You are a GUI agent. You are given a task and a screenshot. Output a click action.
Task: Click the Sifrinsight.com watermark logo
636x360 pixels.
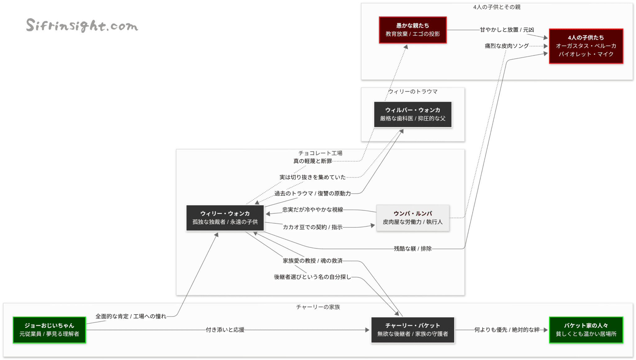[x=82, y=25]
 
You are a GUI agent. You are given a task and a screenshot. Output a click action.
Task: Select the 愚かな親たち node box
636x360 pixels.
[x=412, y=30]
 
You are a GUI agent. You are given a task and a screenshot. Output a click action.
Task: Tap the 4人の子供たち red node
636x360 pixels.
[x=586, y=46]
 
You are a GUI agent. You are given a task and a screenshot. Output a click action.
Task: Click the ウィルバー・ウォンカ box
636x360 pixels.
[x=412, y=114]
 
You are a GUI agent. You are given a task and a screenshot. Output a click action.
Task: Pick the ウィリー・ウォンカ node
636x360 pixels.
[x=225, y=218]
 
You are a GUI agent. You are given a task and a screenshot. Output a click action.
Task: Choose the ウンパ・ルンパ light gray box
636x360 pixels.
[x=412, y=218]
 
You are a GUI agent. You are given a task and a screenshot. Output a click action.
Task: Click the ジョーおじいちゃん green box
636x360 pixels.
[x=49, y=330]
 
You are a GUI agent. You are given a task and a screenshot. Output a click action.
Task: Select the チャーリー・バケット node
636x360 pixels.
[x=412, y=330]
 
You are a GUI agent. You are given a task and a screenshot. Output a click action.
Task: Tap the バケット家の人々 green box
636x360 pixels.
[x=586, y=330]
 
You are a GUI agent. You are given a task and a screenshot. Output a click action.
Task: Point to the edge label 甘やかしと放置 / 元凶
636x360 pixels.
[x=507, y=30]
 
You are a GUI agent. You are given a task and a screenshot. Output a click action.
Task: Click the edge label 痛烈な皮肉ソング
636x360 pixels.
[x=507, y=46]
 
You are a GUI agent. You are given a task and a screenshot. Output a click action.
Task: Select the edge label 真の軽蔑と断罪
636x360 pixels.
[x=312, y=161]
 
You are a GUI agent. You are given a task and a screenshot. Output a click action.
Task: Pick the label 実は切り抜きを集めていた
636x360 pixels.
[x=312, y=177]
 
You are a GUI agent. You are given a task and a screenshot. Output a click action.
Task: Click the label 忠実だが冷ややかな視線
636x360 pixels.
[x=312, y=210]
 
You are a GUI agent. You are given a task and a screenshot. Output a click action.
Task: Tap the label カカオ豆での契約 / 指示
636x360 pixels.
[x=312, y=227]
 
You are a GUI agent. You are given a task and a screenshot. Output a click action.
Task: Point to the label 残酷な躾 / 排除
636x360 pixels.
[x=412, y=248]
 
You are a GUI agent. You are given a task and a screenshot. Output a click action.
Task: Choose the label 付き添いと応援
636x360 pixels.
[x=225, y=330]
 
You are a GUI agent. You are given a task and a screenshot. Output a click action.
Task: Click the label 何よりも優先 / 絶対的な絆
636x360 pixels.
[x=507, y=330]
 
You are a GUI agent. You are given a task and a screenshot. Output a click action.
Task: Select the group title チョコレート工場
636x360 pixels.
[x=320, y=153]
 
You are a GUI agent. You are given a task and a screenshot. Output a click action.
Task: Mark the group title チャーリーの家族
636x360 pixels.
[x=318, y=307]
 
